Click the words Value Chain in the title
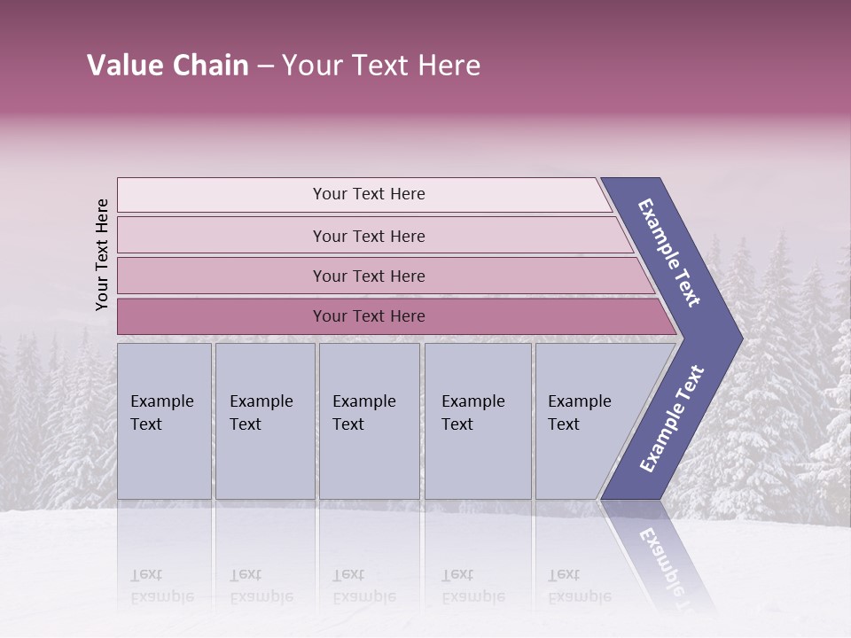168,66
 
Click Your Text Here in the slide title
381,66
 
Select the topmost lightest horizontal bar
363,195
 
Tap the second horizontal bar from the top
369,236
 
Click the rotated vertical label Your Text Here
102,254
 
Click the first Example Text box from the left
164,421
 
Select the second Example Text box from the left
265,421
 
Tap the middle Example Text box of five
369,421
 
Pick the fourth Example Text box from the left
478,421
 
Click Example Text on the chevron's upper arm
669,253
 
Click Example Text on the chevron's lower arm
672,418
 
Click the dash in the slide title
264,66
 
